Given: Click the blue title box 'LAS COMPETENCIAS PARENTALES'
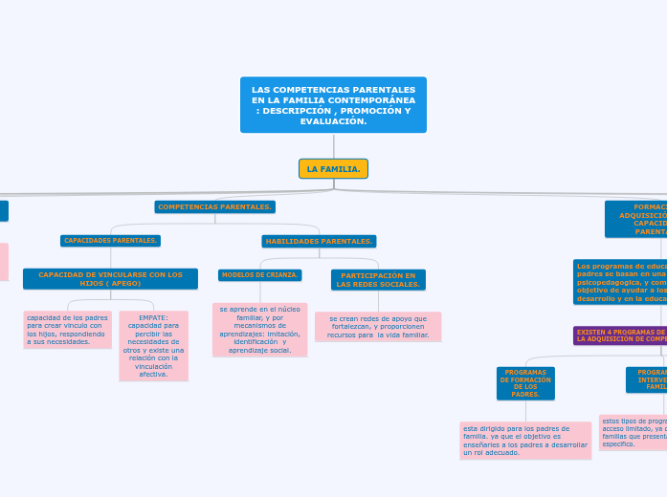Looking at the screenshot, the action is click(333, 104).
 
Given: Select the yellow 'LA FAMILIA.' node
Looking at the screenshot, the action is click(333, 169).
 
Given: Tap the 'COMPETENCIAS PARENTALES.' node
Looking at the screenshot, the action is click(215, 206).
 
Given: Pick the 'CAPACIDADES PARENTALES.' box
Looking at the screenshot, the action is click(111, 241).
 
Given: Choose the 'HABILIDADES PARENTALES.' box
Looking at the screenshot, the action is click(319, 241).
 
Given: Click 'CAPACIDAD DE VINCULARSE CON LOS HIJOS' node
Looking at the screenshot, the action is click(110, 279).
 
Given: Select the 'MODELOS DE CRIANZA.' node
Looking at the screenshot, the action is click(260, 275).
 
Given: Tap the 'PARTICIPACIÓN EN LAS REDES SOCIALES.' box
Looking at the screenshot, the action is click(378, 279).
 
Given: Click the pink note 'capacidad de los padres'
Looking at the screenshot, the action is click(67, 329).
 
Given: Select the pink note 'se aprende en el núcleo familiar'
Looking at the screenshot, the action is click(260, 330).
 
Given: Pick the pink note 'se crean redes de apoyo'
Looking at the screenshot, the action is click(378, 327).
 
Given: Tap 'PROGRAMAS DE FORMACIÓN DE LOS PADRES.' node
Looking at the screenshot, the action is click(525, 382).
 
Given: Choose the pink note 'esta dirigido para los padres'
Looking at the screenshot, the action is click(525, 441).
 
